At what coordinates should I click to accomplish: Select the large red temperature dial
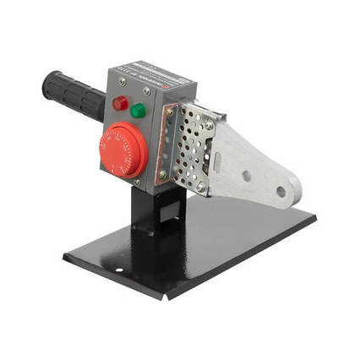coord(123,150)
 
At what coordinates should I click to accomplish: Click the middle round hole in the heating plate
coord(247,176)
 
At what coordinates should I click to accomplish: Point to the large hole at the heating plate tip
coord(281,191)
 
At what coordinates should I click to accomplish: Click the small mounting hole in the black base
coord(119,270)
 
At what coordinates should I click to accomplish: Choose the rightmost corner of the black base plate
coord(316,218)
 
